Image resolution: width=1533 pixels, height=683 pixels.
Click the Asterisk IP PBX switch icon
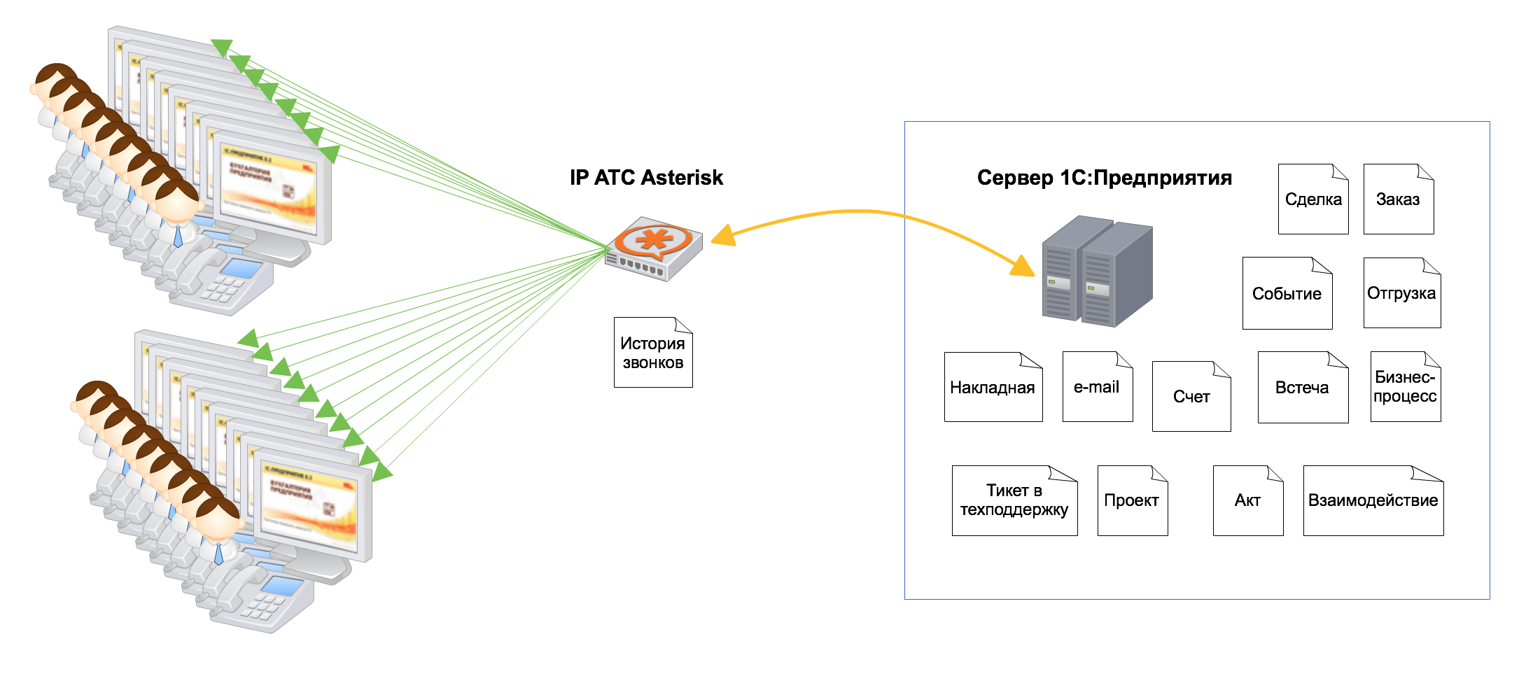click(x=654, y=250)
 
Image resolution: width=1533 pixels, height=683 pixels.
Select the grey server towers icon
click(x=1097, y=271)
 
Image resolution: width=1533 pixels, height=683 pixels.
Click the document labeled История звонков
click(x=653, y=353)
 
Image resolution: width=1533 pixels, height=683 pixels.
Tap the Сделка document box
click(x=1313, y=199)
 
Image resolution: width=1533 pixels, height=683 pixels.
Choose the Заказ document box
click(x=1399, y=199)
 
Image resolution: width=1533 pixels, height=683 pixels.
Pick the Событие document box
click(x=1287, y=293)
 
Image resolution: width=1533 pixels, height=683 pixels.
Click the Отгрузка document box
click(x=1402, y=293)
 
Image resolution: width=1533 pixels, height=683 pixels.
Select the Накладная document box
click(x=993, y=387)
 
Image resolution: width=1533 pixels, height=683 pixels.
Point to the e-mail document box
click(x=1098, y=387)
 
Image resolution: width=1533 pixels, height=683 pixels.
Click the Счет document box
click(x=1191, y=397)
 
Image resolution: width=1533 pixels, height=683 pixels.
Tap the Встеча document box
click(x=1303, y=388)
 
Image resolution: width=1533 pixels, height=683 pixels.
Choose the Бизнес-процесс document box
click(x=1406, y=387)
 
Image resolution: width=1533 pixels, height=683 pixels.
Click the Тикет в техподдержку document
click(x=1014, y=500)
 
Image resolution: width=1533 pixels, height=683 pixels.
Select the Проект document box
click(x=1133, y=500)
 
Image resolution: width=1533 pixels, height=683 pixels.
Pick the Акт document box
click(x=1248, y=500)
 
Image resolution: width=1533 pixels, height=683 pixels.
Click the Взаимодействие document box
click(x=1373, y=500)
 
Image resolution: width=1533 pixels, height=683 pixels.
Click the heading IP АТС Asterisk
click(x=646, y=178)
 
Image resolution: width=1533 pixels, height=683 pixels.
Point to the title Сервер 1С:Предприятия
click(x=1105, y=178)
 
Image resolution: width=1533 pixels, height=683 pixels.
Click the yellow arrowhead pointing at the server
click(x=1023, y=267)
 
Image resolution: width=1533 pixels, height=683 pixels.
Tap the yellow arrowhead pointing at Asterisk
click(x=723, y=236)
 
